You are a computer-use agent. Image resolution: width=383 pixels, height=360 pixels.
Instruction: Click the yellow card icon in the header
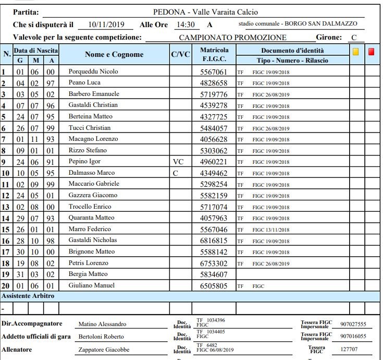click(356, 52)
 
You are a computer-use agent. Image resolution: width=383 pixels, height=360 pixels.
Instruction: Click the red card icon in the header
click(372, 52)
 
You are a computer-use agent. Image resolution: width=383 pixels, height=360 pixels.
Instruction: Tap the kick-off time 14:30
click(186, 25)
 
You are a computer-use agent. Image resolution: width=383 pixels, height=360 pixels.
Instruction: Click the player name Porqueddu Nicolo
click(93, 71)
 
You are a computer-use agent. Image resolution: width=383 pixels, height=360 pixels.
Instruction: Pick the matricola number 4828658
click(214, 83)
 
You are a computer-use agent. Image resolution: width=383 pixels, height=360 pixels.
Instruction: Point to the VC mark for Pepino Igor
click(178, 162)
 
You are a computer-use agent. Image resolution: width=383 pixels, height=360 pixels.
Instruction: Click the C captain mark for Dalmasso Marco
click(175, 173)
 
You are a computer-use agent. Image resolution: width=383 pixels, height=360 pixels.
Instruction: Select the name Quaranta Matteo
click(91, 218)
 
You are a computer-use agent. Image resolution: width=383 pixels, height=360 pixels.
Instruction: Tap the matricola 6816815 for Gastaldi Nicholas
click(214, 241)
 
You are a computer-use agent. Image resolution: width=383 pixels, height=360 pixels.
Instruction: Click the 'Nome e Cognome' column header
click(114, 54)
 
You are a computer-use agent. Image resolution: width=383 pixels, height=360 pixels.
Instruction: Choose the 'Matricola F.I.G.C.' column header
click(214, 54)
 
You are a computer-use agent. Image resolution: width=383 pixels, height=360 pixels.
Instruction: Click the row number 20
click(6, 285)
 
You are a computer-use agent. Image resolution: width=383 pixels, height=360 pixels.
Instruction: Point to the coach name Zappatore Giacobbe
click(104, 350)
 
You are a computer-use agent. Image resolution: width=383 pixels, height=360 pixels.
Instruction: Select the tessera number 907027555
click(353, 324)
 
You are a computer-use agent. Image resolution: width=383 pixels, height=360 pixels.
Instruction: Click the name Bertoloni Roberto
click(101, 337)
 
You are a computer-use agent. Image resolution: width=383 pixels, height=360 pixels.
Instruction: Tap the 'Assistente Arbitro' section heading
click(28, 296)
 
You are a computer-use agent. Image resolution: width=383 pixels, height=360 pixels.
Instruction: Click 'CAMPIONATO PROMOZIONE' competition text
click(232, 38)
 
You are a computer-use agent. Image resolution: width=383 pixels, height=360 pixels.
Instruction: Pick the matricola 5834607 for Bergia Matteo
click(214, 274)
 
